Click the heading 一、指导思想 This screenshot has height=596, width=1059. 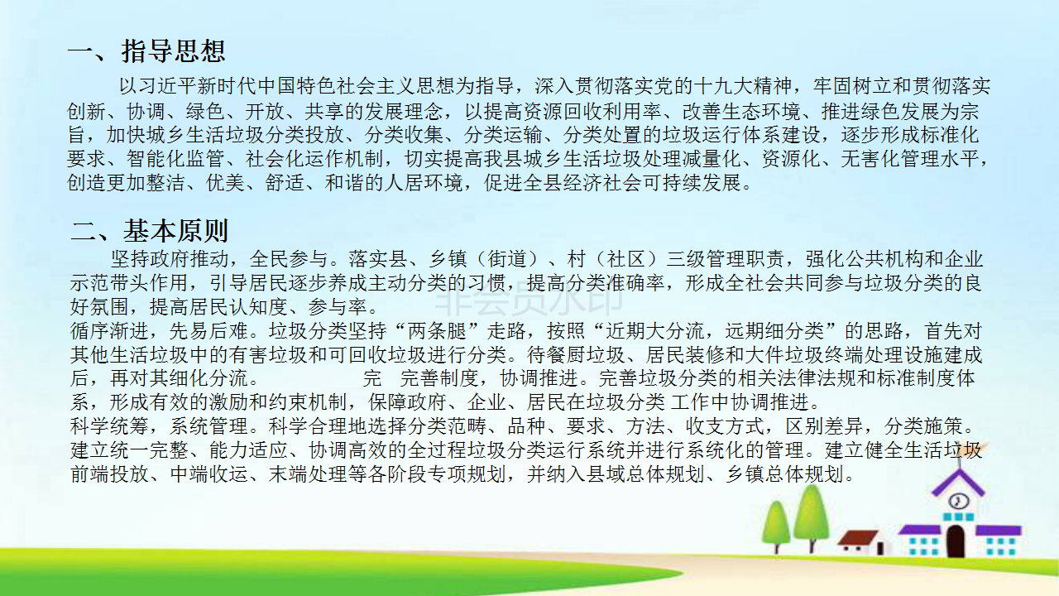tap(146, 51)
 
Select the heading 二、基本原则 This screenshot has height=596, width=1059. tap(150, 231)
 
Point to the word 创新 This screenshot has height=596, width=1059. tap(87, 112)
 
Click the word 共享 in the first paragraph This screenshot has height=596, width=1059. tap(324, 112)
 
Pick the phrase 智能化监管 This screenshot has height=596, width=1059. tap(175, 158)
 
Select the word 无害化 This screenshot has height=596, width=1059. tap(870, 158)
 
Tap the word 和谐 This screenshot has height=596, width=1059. tap(344, 183)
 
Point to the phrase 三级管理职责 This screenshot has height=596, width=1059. tap(726, 259)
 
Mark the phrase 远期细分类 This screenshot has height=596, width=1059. tap(774, 331)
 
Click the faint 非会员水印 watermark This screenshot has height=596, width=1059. tap(529, 297)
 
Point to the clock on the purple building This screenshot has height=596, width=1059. tap(959, 501)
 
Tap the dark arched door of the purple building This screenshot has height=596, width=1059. tap(956, 541)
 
